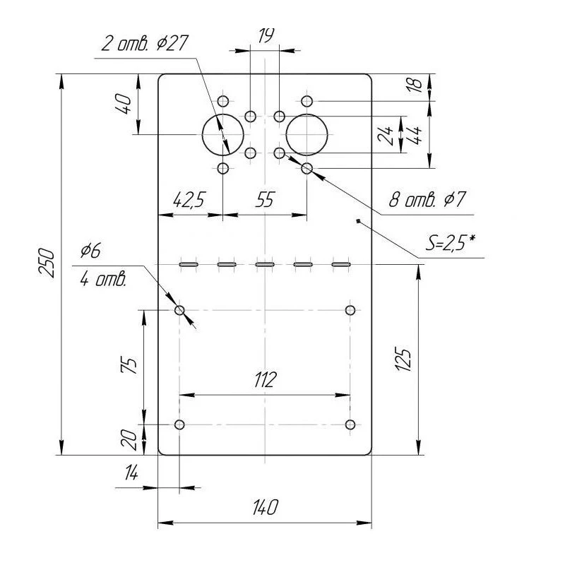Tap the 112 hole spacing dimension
coord(264,379)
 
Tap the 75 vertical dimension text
coord(130,366)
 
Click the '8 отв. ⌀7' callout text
coord(427,200)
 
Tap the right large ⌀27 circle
coord(307,134)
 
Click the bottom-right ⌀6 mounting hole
coord(350,424)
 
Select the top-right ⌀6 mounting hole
coord(350,310)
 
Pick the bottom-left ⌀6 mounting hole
coord(179,424)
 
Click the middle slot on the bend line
coord(265,264)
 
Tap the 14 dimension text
coord(131,473)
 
